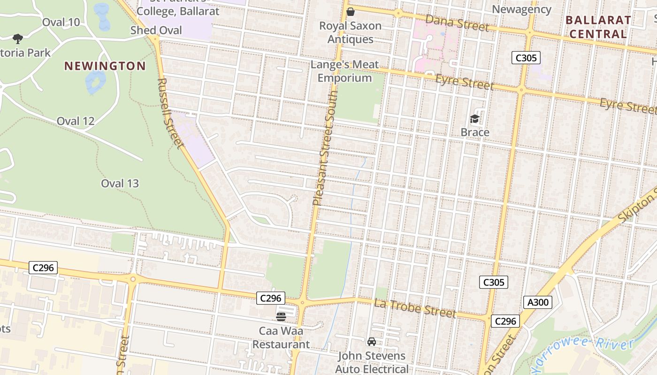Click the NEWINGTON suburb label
(x=105, y=66)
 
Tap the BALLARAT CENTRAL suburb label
(x=598, y=27)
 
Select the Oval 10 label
(x=61, y=22)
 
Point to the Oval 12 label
(x=76, y=121)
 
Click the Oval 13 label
(x=120, y=183)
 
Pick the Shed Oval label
(x=156, y=30)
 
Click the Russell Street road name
(x=169, y=112)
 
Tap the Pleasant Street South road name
(x=325, y=148)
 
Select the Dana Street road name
(x=457, y=22)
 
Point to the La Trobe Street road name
(x=415, y=308)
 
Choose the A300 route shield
(x=538, y=302)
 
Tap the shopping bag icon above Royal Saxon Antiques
(x=351, y=12)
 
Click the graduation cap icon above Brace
(x=475, y=119)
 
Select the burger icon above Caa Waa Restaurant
(x=281, y=317)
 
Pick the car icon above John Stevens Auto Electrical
(x=372, y=342)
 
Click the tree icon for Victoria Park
(x=18, y=38)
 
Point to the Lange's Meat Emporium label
(x=344, y=71)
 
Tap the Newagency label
(x=521, y=9)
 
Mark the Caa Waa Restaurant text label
(x=281, y=337)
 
